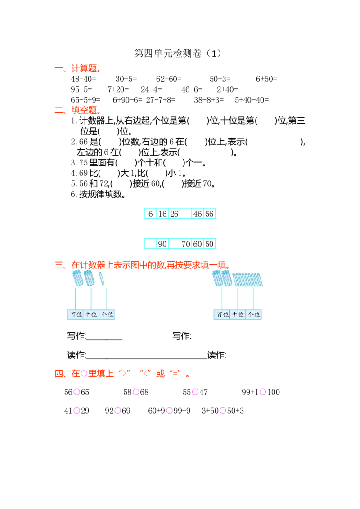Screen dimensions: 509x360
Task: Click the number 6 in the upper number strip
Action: pyautogui.click(x=151, y=214)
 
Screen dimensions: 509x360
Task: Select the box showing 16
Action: pyautogui.click(x=162, y=214)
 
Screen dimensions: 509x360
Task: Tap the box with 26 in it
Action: pyautogui.click(x=174, y=214)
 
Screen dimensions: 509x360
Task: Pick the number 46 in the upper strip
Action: pyautogui.click(x=198, y=214)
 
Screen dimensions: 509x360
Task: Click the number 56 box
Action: pyautogui.click(x=209, y=214)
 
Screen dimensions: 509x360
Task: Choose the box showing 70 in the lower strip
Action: pyautogui.click(x=185, y=245)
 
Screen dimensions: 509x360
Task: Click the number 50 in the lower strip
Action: pyautogui.click(x=209, y=245)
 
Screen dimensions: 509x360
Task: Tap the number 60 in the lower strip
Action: pyautogui.click(x=198, y=245)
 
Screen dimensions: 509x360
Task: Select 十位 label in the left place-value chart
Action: pyautogui.click(x=91, y=314)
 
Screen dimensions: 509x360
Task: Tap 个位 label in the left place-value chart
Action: pyautogui.click(x=107, y=314)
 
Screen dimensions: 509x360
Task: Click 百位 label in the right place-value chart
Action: pyautogui.click(x=223, y=314)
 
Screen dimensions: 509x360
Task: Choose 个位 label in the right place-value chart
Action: pyautogui.click(x=254, y=314)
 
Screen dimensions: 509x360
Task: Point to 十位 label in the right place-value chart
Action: pyautogui.click(x=238, y=314)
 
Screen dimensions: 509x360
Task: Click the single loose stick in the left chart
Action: pyautogui.click(x=102, y=278)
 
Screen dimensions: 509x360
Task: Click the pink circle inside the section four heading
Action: pyautogui.click(x=84, y=373)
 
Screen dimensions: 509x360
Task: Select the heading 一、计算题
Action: pyautogui.click(x=77, y=69)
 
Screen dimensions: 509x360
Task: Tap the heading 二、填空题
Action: pyautogui.click(x=77, y=110)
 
